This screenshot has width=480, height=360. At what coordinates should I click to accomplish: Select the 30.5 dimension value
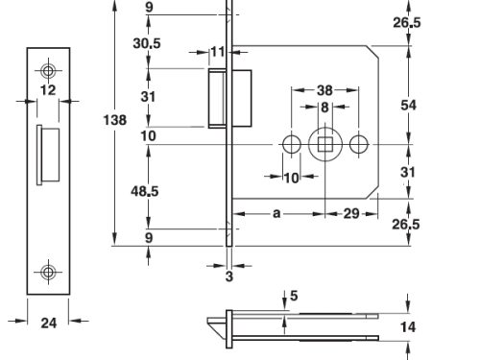[x=148, y=43]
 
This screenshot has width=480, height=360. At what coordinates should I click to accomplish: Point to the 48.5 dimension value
[x=147, y=191]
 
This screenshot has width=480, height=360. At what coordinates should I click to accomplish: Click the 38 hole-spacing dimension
[x=325, y=90]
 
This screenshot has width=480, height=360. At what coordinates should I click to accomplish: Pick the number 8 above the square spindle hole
[x=325, y=107]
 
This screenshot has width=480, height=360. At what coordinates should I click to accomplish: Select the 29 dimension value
[x=351, y=213]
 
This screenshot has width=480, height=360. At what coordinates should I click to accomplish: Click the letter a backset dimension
[x=276, y=213]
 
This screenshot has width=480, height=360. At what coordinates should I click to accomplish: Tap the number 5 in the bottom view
[x=294, y=297]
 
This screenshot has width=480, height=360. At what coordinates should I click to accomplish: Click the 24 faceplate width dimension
[x=48, y=324]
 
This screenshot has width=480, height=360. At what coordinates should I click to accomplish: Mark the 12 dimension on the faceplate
[x=48, y=91]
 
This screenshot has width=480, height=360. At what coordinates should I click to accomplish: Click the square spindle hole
[x=325, y=144]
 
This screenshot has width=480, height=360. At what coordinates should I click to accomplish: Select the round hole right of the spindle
[x=359, y=144]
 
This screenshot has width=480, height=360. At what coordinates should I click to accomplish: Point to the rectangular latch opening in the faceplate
[x=39, y=155]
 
